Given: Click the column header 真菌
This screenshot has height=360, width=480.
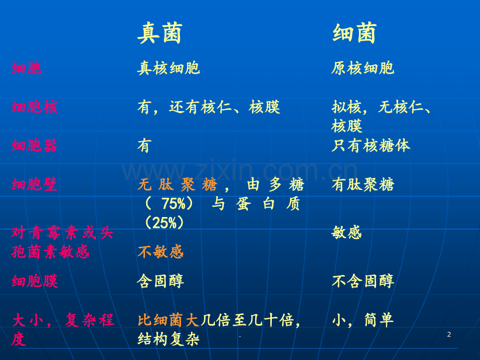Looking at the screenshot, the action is [x=160, y=33].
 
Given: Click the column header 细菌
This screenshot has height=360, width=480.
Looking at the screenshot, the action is [x=354, y=33].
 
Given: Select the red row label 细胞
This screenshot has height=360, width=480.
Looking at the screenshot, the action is [x=27, y=68].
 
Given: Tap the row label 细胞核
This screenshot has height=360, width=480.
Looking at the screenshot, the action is [x=34, y=107].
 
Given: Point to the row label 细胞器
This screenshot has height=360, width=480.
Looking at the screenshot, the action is [x=34, y=146].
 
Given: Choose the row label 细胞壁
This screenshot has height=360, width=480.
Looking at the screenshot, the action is [x=34, y=184].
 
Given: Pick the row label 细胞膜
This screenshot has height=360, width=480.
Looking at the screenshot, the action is [x=34, y=281].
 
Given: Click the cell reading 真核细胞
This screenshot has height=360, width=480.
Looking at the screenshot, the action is [x=169, y=68].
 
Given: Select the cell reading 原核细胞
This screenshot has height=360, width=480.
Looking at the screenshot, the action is [x=363, y=68].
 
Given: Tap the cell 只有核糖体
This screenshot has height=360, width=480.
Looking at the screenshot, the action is [x=371, y=146].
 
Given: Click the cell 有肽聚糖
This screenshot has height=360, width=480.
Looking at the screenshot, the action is [x=363, y=184].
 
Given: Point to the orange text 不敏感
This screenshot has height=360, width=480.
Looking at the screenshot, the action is [x=160, y=252].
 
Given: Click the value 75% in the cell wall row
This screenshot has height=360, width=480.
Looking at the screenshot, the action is [x=173, y=203].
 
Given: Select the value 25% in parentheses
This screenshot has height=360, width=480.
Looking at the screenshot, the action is [x=164, y=223].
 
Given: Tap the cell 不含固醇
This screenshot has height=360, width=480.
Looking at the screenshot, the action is [x=363, y=281].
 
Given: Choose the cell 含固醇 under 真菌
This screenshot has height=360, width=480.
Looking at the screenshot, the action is [x=160, y=281].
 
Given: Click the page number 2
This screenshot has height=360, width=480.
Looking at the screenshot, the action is [x=449, y=334].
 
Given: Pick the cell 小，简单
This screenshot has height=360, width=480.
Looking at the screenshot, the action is [x=363, y=320].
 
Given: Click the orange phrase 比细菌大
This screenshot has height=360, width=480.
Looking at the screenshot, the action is [x=169, y=320].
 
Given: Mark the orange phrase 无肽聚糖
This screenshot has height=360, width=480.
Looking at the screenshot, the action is [x=177, y=184].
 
